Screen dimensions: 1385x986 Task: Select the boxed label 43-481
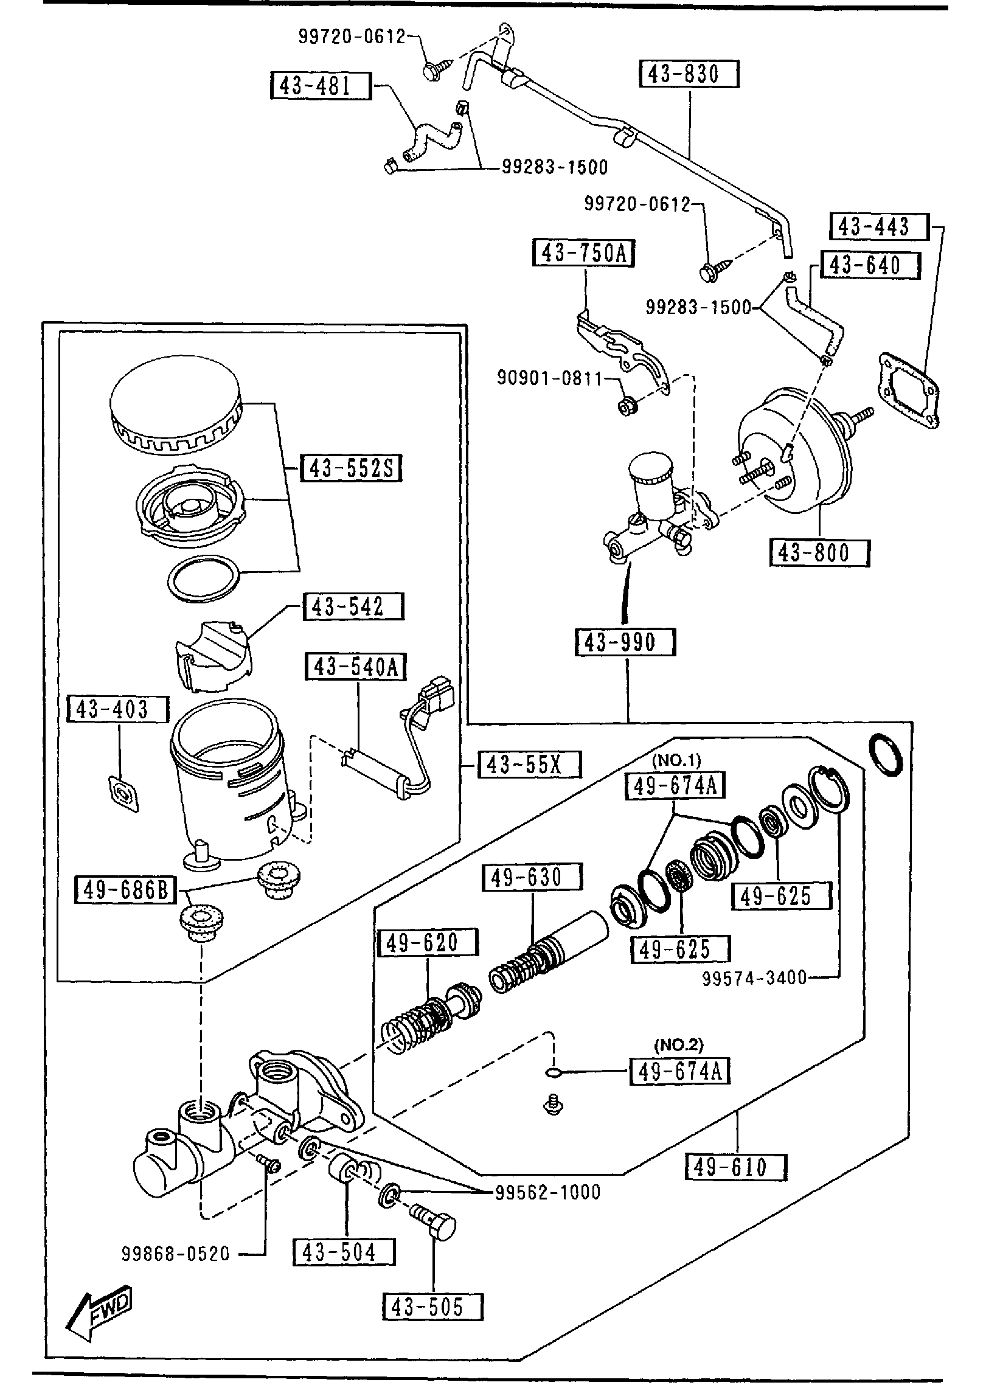pyautogui.click(x=320, y=86)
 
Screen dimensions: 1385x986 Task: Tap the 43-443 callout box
pyautogui.click(x=879, y=227)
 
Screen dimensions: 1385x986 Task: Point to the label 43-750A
pyautogui.click(x=583, y=252)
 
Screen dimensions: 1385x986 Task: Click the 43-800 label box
pyautogui.click(x=819, y=553)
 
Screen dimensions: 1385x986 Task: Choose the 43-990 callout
pyautogui.click(x=625, y=642)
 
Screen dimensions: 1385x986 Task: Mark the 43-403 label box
pyautogui.click(x=117, y=709)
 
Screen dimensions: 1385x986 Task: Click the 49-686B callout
pyautogui.click(x=125, y=892)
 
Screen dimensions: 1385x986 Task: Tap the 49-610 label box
pyautogui.click(x=736, y=1167)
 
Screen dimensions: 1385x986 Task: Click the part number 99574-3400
pyautogui.click(x=754, y=977)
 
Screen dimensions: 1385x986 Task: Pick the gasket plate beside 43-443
pyautogui.click(x=908, y=391)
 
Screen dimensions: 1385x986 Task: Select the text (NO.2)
pyautogui.click(x=678, y=1044)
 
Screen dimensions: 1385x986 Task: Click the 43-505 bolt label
pyautogui.click(x=432, y=1307)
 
